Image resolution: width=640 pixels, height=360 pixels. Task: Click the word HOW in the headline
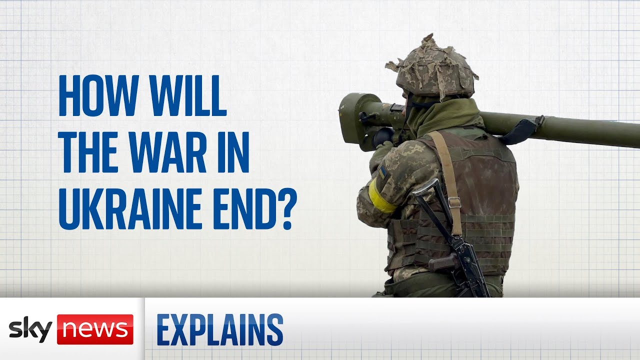[99, 95]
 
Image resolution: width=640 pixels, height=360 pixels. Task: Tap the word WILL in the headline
[188, 95]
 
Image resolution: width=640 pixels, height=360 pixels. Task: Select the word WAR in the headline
[167, 152]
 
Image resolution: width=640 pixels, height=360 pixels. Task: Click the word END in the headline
[245, 209]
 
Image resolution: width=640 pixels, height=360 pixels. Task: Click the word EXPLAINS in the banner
[220, 329]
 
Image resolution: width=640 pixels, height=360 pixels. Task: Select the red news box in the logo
[95, 329]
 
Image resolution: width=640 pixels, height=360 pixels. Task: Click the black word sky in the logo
[30, 329]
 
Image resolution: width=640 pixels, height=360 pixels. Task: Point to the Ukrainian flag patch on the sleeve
[382, 172]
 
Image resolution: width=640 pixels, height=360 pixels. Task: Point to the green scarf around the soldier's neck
[445, 115]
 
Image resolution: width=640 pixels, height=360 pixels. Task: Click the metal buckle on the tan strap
[454, 202]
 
